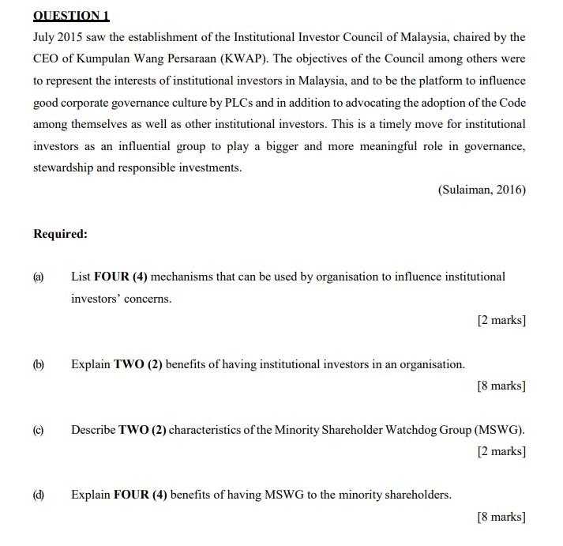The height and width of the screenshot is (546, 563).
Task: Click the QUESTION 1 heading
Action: (x=71, y=16)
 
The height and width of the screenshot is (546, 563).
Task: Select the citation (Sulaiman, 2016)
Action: (x=480, y=190)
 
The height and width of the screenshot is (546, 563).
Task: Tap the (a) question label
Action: (x=39, y=277)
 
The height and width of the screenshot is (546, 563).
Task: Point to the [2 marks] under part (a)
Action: (x=501, y=320)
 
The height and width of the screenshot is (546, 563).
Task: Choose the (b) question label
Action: (x=39, y=364)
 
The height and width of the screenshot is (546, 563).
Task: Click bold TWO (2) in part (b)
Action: (x=138, y=364)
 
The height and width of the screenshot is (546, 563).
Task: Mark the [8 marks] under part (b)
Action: (x=501, y=386)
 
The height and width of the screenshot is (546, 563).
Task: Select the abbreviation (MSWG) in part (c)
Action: (x=499, y=430)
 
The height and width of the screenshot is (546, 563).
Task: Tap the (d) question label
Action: (x=39, y=495)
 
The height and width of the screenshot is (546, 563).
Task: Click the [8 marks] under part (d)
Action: (x=501, y=517)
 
